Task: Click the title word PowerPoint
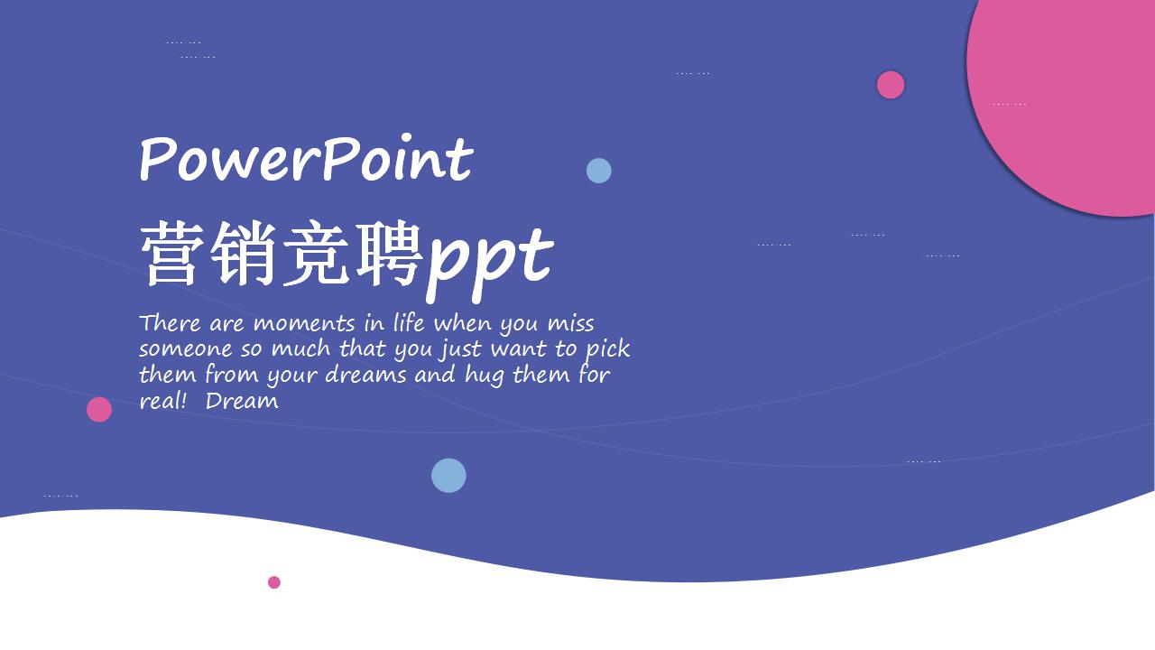coord(305,160)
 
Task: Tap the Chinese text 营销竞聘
coord(282,255)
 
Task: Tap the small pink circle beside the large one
coord(891,85)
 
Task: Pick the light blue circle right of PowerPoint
coord(599,171)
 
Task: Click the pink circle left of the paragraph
coord(99,410)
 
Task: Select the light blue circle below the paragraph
coord(448,476)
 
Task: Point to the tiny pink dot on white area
coord(274,582)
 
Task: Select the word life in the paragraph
coord(409,323)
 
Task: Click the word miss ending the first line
coord(570,323)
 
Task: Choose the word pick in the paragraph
coord(607,349)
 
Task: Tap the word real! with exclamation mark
coord(162,401)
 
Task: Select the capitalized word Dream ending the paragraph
coord(242,401)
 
